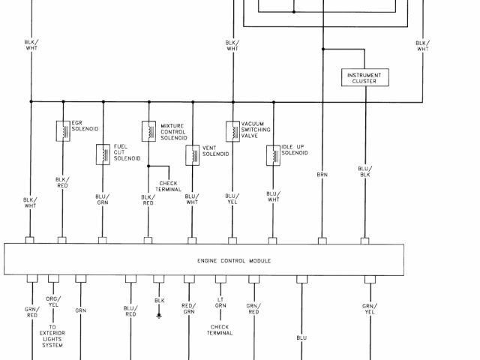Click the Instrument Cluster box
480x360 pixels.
point(364,78)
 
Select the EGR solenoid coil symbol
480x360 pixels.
point(64,130)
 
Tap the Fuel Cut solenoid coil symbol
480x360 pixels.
point(103,154)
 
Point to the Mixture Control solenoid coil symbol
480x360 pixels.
point(148,130)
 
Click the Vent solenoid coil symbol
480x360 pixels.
point(191,154)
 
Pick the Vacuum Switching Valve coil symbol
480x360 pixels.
point(232,130)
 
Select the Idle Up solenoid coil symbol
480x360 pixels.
point(273,154)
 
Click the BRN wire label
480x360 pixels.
point(322,174)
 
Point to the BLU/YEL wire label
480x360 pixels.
point(232,199)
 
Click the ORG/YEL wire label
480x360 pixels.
point(52,303)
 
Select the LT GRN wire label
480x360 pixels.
point(220,303)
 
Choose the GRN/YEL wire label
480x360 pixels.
point(369,309)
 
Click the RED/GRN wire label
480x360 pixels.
point(188,309)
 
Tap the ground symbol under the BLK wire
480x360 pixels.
point(159,316)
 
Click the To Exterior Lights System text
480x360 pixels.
point(52,336)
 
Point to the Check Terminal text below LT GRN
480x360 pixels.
point(220,330)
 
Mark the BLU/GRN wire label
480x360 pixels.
point(103,199)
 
